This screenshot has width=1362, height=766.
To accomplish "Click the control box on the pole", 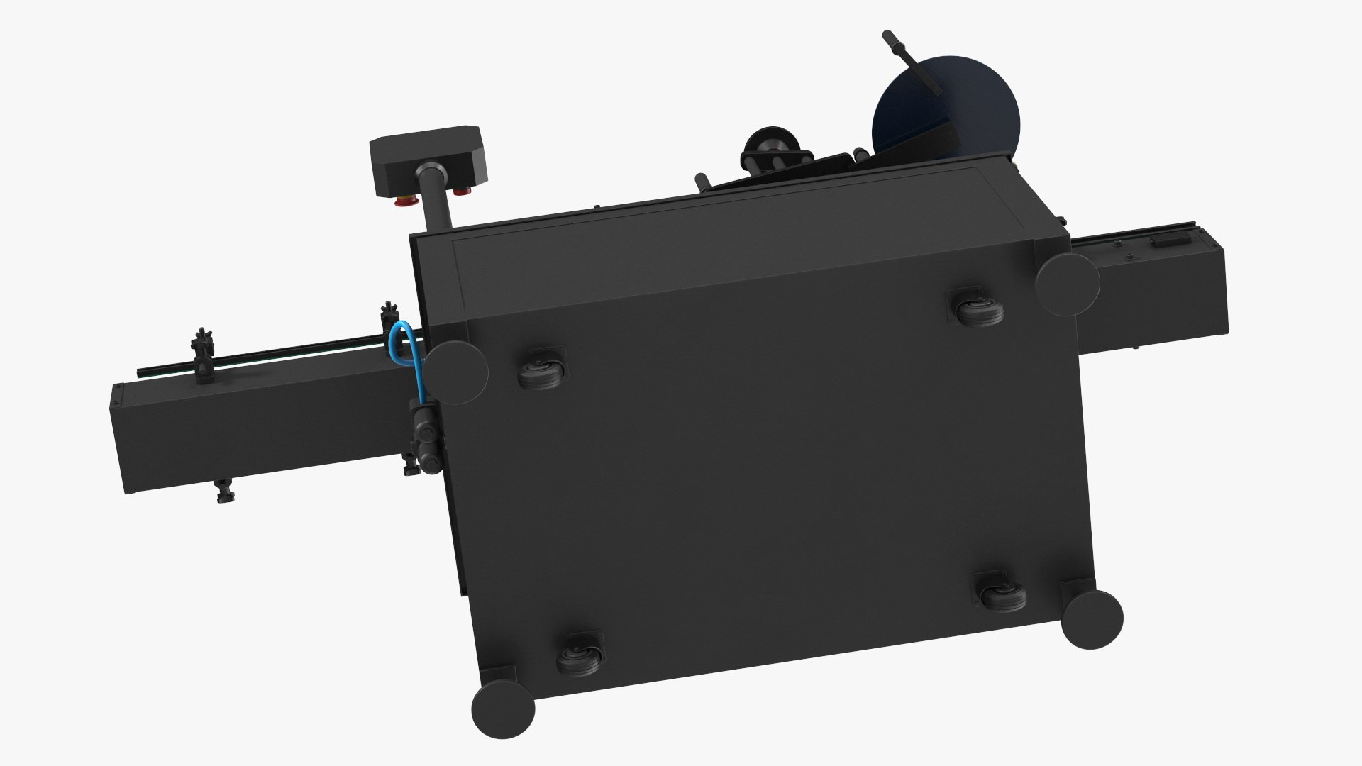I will click(x=426, y=160).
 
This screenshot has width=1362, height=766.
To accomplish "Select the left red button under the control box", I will click(x=403, y=201).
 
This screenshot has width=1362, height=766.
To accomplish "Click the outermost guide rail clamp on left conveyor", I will click(x=202, y=357).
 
